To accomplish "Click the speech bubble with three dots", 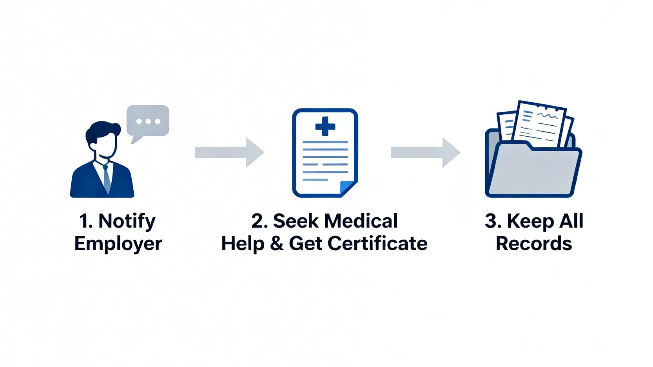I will point(148,121).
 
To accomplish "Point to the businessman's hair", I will point(103,130).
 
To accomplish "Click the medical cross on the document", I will point(325,127).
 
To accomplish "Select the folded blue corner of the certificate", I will point(347,188).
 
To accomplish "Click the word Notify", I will point(127,222).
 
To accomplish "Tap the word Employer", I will point(118,244).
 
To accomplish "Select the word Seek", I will point(296,221).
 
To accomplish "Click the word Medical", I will point(361,221).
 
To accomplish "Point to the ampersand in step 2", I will point(277,244).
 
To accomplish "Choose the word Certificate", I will point(377,244).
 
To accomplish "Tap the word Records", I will point(534,244).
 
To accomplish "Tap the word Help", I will point(243,244).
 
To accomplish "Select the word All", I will point(571,221).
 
